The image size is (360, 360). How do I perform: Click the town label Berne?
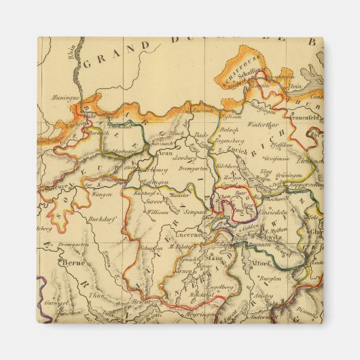click(x=70, y=261)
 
